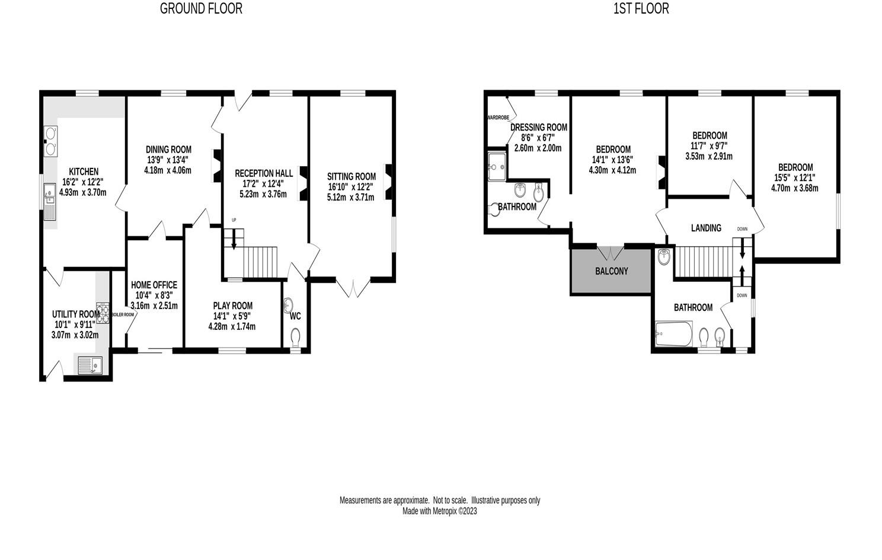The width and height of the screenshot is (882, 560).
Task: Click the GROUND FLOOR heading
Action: tap(201, 8)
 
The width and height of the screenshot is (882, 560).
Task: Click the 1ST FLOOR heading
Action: tap(641, 8)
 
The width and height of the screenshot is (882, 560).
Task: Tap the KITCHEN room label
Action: tap(83, 171)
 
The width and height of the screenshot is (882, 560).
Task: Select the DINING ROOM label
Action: tap(168, 149)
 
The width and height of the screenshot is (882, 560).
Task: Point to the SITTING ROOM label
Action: tap(351, 176)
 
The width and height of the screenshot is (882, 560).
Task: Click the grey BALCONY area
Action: tap(611, 271)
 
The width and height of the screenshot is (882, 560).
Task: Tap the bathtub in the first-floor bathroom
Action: tap(674, 335)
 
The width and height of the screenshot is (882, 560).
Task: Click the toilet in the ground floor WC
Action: tap(295, 338)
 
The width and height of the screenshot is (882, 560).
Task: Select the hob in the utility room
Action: tap(103, 313)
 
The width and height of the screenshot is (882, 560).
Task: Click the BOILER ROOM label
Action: tap(123, 314)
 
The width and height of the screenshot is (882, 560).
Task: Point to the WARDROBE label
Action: tap(498, 117)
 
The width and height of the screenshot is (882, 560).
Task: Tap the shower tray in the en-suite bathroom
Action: tap(496, 166)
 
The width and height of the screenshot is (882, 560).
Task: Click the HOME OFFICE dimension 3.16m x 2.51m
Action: tap(154, 306)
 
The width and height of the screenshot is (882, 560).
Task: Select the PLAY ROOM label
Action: tap(232, 306)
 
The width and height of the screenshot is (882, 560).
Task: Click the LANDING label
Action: tap(706, 228)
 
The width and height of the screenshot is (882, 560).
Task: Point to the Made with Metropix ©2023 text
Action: tap(439, 511)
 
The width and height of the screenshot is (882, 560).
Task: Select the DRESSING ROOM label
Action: tap(538, 127)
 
